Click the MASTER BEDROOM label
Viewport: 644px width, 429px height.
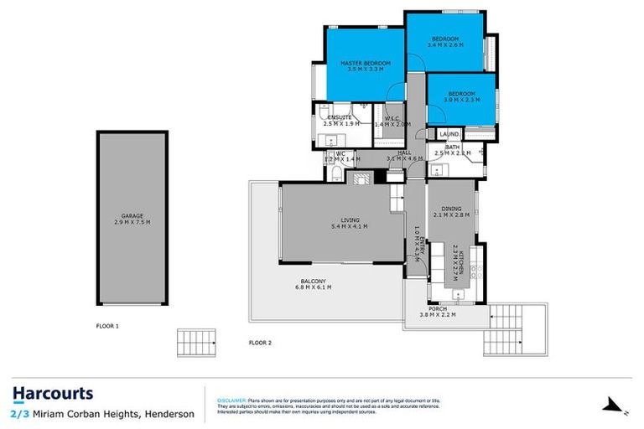click(x=362, y=63)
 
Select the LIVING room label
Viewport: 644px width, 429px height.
click(x=349, y=220)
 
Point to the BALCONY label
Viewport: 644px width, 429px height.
click(x=314, y=281)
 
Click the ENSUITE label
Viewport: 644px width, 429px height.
click(x=340, y=117)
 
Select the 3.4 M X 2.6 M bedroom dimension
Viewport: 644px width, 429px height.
click(x=445, y=45)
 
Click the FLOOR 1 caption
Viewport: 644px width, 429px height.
click(x=106, y=325)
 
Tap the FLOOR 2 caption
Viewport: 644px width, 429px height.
click(x=261, y=342)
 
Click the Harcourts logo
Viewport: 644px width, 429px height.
click(x=53, y=394)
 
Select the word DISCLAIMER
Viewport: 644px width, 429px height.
click(x=231, y=401)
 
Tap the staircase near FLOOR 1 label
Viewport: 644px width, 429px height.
click(x=195, y=342)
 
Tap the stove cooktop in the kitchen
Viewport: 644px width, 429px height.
click(x=475, y=270)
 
